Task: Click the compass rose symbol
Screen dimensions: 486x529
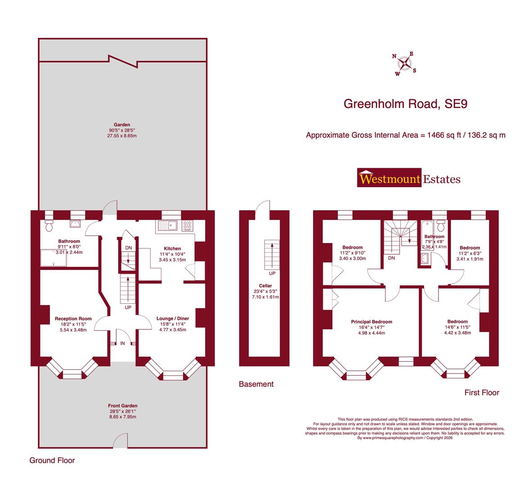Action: [405, 64]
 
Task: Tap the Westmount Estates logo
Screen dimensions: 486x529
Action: [409, 179]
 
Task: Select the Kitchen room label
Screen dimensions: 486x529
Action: [172, 248]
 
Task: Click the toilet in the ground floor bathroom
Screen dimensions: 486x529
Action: [49, 225]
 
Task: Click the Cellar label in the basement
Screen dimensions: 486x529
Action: [265, 286]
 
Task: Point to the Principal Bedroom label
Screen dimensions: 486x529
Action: [371, 322]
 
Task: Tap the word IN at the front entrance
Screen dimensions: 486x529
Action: [122, 343]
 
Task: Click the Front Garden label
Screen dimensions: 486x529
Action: [123, 405]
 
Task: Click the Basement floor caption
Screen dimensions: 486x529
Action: [256, 384]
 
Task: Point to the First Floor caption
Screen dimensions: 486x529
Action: [482, 393]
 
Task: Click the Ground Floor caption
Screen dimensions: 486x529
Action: [52, 460]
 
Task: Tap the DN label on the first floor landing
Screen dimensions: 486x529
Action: [391, 258]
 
